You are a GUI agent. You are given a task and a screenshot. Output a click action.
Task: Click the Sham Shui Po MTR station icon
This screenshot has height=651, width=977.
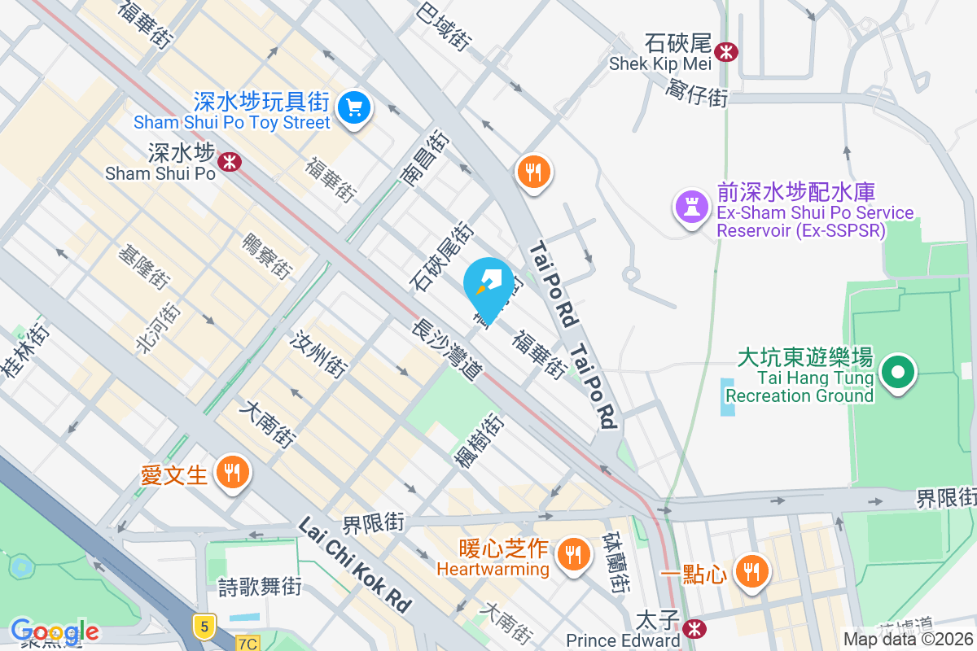point(230,161)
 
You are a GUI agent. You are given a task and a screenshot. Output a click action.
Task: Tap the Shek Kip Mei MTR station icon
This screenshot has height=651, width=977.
point(725,53)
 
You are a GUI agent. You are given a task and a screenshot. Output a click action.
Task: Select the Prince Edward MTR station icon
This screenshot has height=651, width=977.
point(694,628)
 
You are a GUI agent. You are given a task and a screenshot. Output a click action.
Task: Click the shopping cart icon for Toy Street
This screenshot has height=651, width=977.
point(353,107)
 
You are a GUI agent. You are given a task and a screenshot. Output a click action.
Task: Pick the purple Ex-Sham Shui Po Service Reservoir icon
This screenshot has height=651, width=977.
point(691,207)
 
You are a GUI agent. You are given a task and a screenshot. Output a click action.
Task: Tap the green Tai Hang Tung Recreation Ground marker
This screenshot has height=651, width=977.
point(897,373)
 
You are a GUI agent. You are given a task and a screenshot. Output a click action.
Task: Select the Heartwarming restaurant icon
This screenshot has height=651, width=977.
point(573,555)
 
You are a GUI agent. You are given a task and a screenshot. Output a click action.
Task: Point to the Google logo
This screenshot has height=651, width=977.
point(55,631)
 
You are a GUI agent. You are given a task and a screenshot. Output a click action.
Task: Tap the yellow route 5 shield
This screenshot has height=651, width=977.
point(204,625)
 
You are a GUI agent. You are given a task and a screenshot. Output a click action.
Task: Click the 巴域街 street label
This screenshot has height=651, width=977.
point(444,24)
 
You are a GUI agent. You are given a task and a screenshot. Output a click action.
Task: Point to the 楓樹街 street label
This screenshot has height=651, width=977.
point(479,441)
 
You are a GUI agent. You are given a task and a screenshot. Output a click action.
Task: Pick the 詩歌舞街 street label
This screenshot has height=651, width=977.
point(261,586)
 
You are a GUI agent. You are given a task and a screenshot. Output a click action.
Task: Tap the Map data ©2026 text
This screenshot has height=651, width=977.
point(908,640)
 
